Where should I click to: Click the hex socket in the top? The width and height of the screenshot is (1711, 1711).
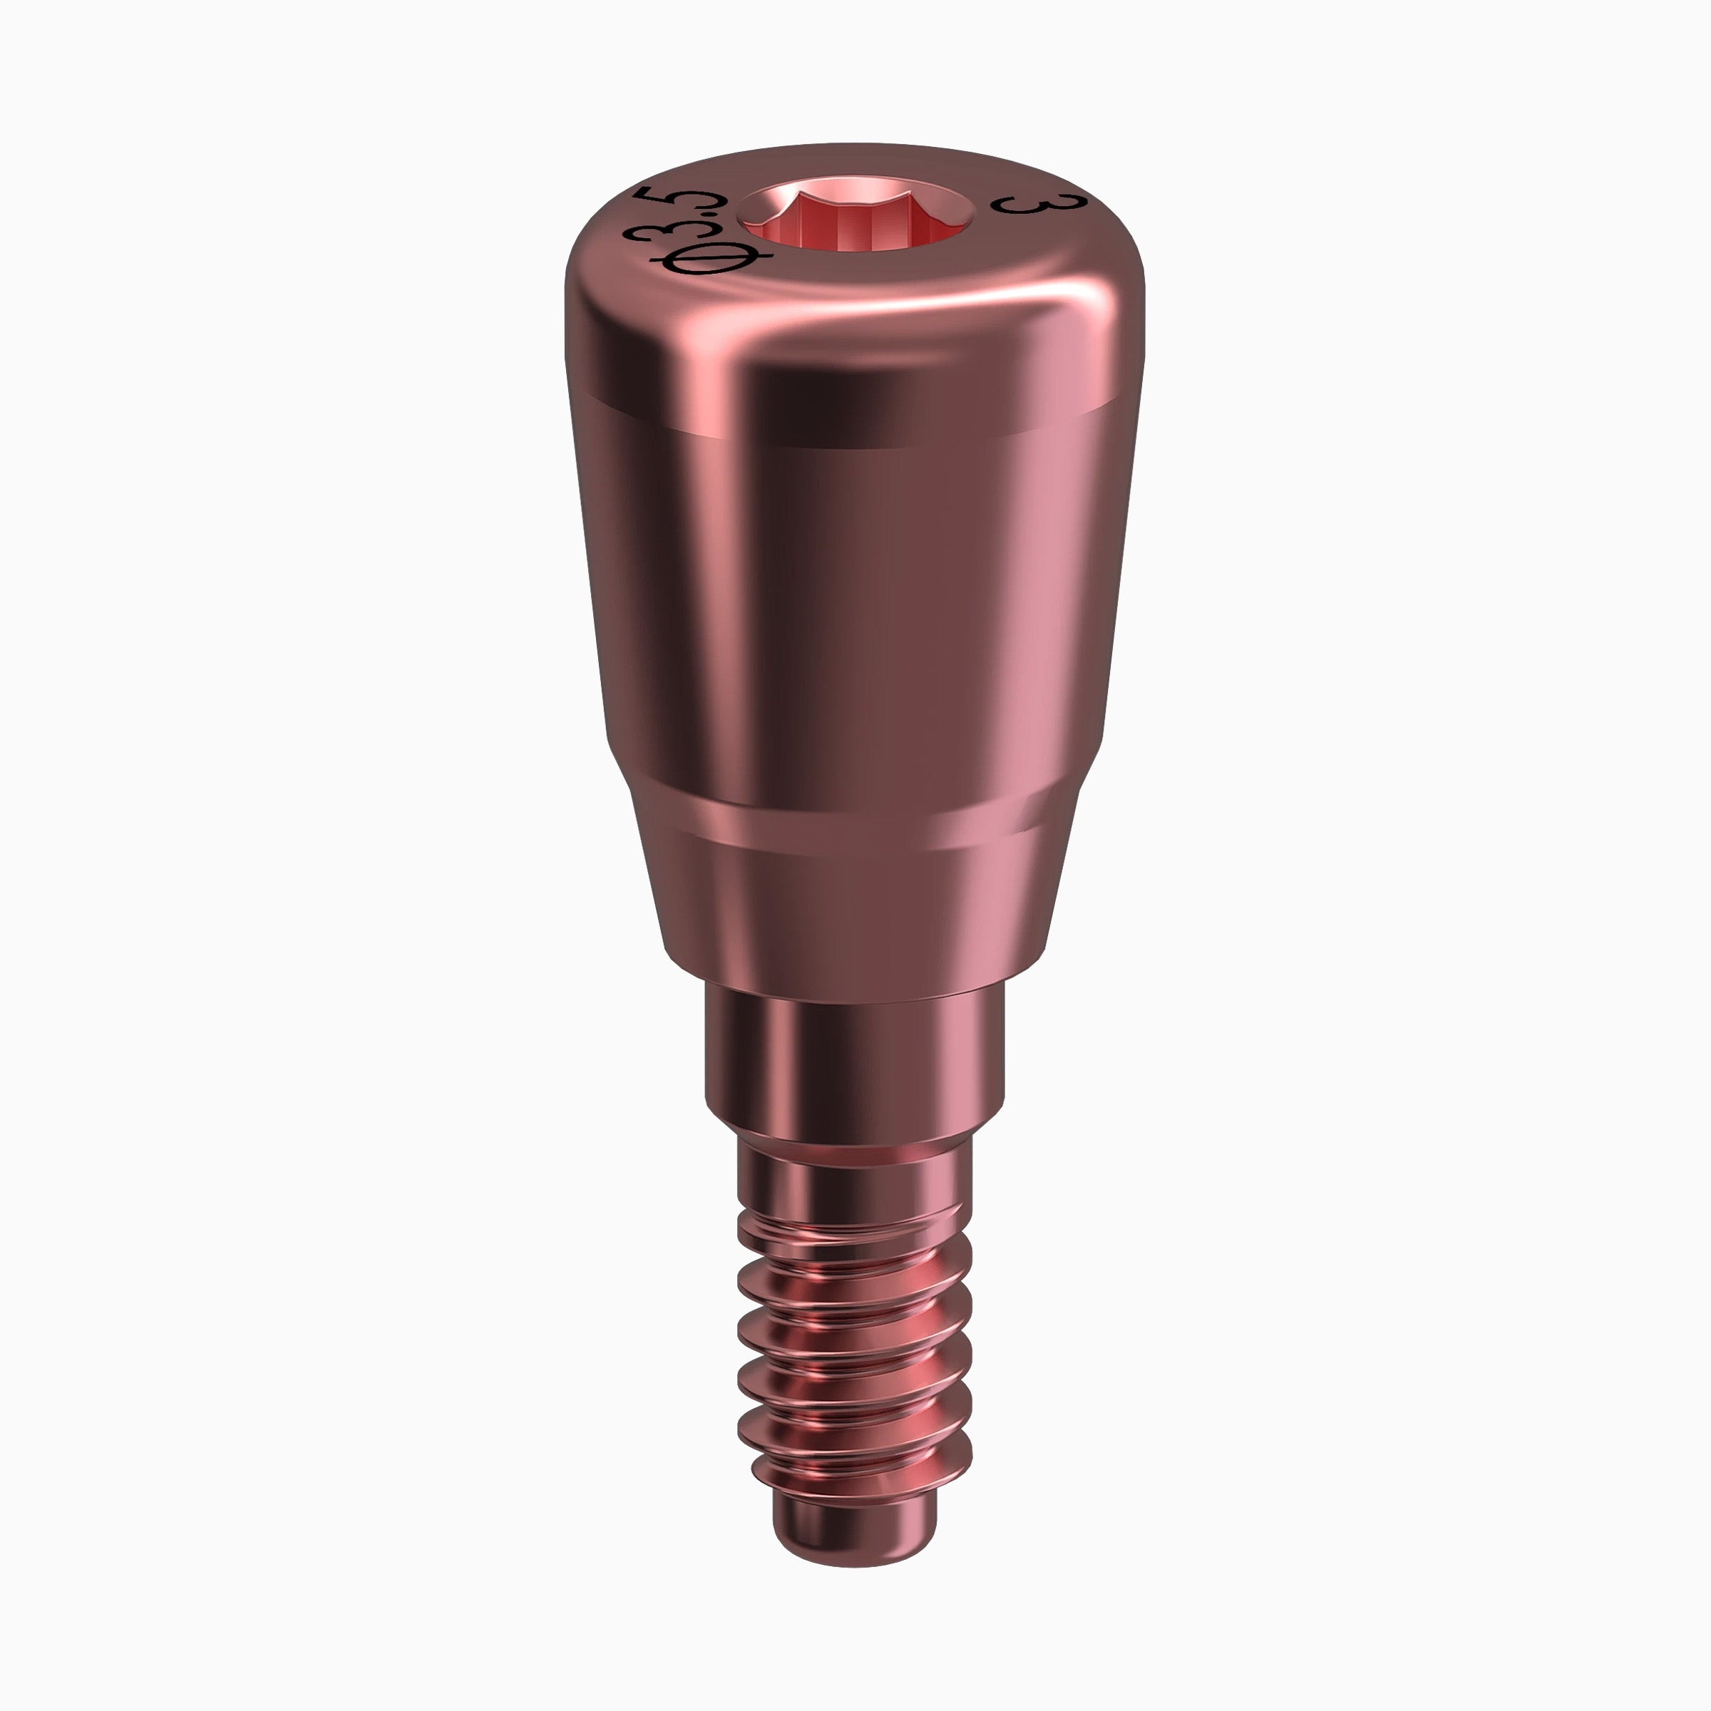pos(856,222)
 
